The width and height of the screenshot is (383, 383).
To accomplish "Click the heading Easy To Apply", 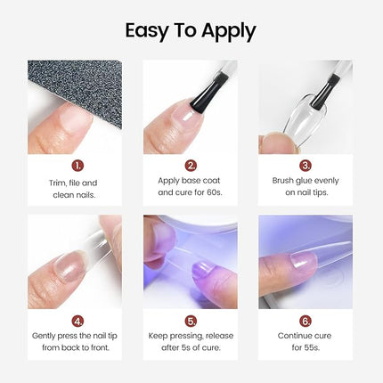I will [191, 31].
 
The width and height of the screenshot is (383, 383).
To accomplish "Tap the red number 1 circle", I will [78, 165].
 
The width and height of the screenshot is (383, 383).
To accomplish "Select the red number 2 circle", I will [191, 165].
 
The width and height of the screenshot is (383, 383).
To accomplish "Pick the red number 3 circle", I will [306, 165].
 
